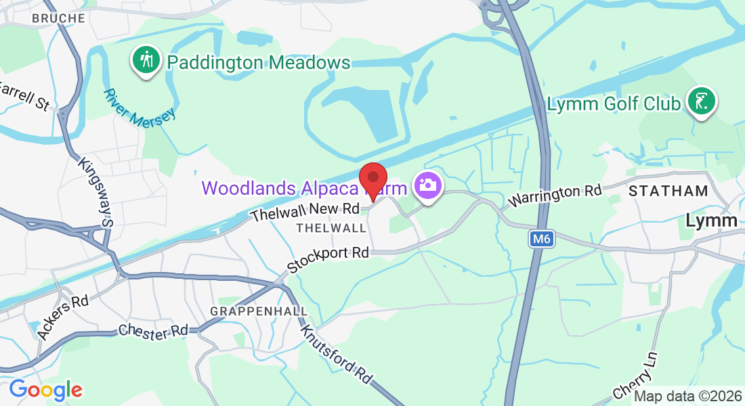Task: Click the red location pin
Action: click(372, 179)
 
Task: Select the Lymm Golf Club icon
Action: click(702, 102)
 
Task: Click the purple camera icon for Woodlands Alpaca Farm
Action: click(427, 184)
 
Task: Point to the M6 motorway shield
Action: click(541, 239)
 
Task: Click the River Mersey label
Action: click(140, 106)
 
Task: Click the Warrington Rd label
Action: click(555, 196)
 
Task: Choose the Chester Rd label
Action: click(152, 330)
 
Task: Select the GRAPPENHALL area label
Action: click(259, 311)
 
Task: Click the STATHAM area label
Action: click(668, 191)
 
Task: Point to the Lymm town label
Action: click(711, 221)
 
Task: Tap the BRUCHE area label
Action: click(58, 18)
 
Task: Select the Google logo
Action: click(45, 390)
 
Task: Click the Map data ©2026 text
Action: click(687, 397)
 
